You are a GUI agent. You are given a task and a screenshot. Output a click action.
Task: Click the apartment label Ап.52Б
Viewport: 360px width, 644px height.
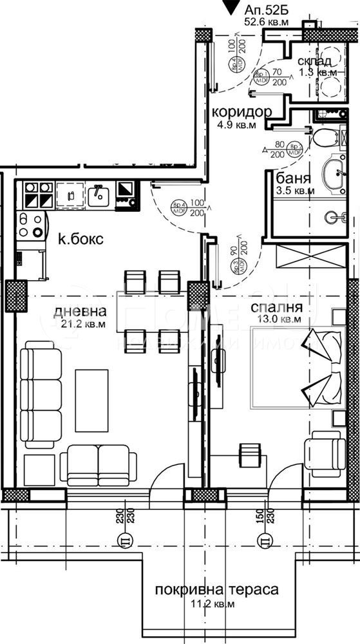pos(267,9)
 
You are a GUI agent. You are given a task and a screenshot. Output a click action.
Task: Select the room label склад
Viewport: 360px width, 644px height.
pos(315,61)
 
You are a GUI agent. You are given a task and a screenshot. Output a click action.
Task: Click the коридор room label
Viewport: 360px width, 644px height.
pos(242,111)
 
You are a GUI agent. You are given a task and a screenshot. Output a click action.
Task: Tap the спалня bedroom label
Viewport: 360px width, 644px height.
pos(276,308)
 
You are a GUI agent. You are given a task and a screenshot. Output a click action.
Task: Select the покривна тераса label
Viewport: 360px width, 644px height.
pos(216,590)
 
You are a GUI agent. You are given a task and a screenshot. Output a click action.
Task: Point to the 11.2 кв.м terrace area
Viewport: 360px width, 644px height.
pos(216,603)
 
